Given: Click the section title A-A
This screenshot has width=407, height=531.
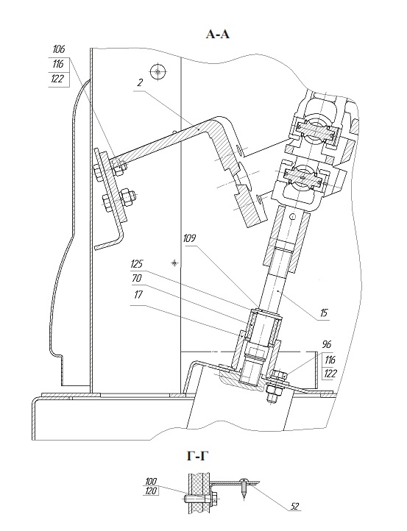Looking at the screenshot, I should (219, 34).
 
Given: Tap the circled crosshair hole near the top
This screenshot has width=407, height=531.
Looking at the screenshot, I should (155, 71).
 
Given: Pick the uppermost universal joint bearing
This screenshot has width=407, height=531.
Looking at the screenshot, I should (315, 132).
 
